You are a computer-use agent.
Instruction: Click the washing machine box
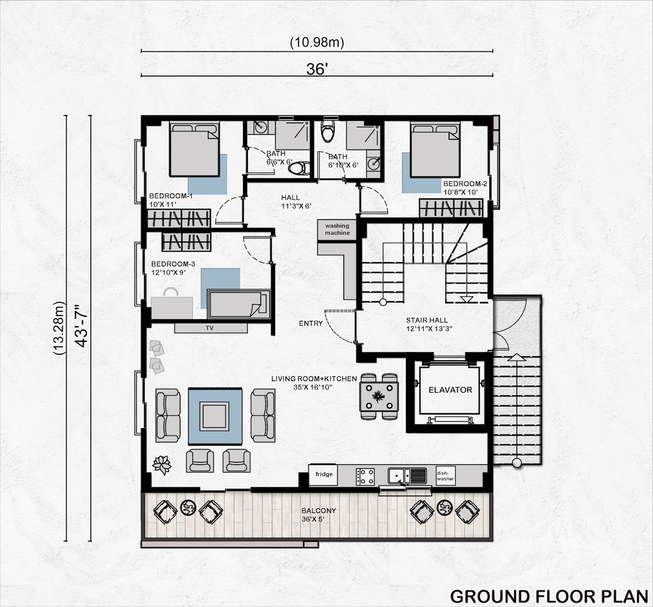coord(337,229)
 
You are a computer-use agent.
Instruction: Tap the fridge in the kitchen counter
coord(324,475)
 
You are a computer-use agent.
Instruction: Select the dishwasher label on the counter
coord(445,476)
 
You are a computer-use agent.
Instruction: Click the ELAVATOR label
coord(450,390)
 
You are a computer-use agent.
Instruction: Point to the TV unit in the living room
coord(211,328)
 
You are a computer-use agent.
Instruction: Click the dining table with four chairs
coord(379,396)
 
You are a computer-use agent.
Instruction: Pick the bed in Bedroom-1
coord(195,150)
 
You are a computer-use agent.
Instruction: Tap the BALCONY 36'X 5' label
coord(319,515)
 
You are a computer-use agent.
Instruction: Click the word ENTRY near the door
coord(310,324)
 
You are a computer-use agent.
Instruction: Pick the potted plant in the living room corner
coord(162,465)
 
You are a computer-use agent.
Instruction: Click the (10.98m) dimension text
coord(317,42)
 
